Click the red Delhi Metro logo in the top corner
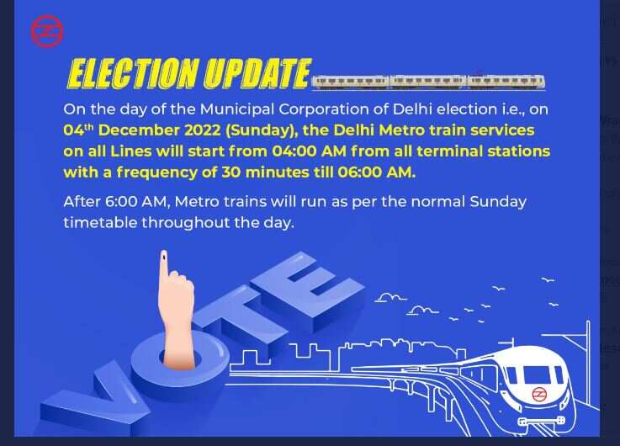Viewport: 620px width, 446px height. [47, 32]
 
